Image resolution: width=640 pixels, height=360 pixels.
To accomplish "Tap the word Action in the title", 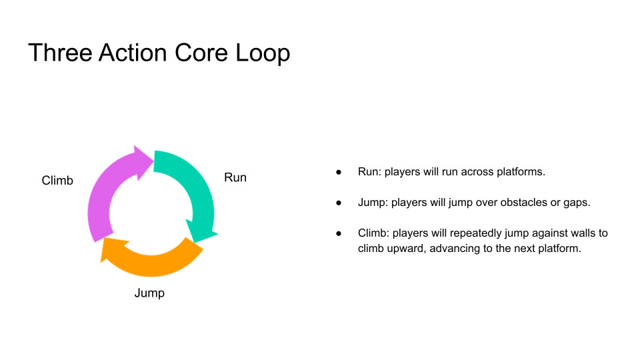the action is coord(133,53).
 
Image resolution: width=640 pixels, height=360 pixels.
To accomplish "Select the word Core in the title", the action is coord(201,53).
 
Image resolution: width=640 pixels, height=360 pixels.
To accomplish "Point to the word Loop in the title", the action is coord(263,54).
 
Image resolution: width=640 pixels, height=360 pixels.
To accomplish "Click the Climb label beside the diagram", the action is coord(57,181).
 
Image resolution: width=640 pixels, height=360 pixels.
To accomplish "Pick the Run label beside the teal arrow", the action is coord(235,177).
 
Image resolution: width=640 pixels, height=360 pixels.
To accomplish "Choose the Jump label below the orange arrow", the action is coord(149,293).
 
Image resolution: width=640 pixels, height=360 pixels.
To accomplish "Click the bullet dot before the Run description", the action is coord(339,172).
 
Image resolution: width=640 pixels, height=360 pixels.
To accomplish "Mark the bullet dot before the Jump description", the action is coord(339,203).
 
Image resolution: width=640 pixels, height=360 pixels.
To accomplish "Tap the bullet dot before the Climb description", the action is coord(339,233).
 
